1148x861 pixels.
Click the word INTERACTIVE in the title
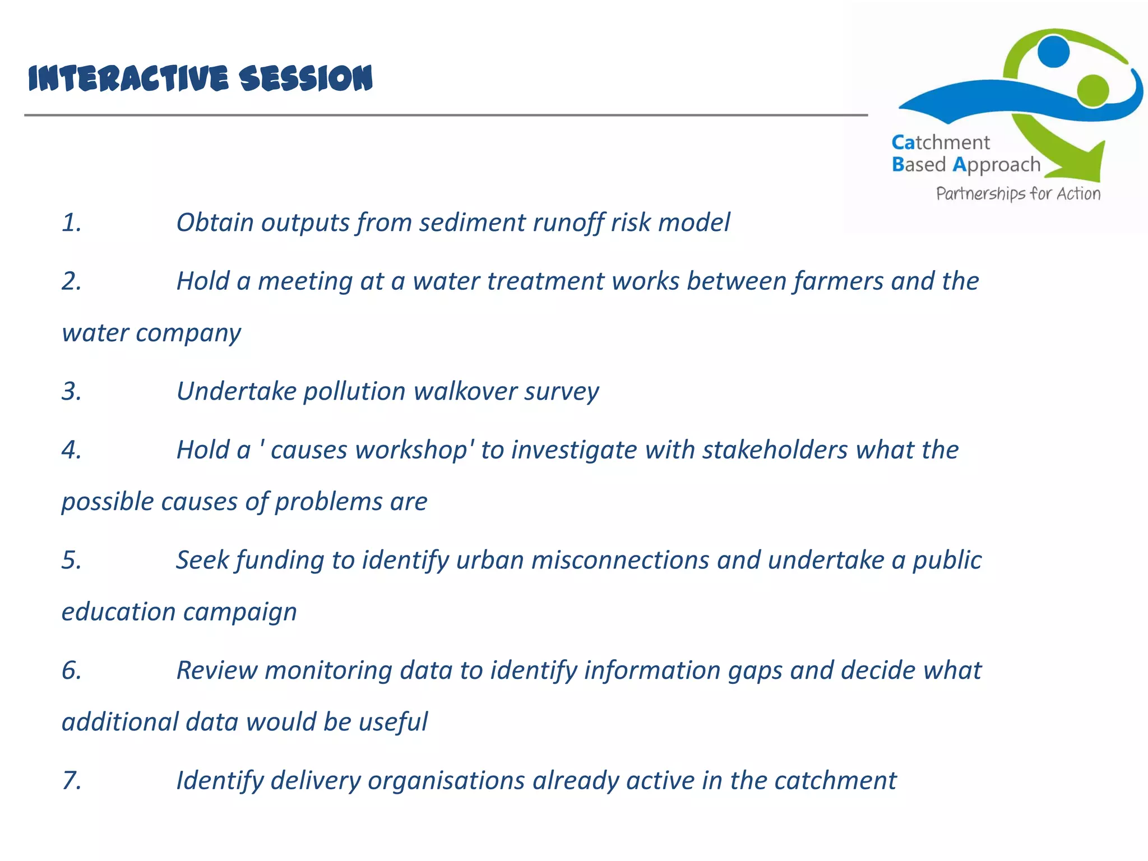128,78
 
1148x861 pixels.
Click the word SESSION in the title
305,78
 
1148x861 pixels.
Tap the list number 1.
71,223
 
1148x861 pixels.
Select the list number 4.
71,450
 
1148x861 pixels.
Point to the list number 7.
71,781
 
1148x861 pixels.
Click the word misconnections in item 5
620,561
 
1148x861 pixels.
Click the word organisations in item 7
446,781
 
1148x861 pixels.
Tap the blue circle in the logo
1053,52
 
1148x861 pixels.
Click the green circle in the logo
1093,90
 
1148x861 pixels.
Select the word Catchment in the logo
941,142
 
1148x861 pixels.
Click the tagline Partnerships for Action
1018,194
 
